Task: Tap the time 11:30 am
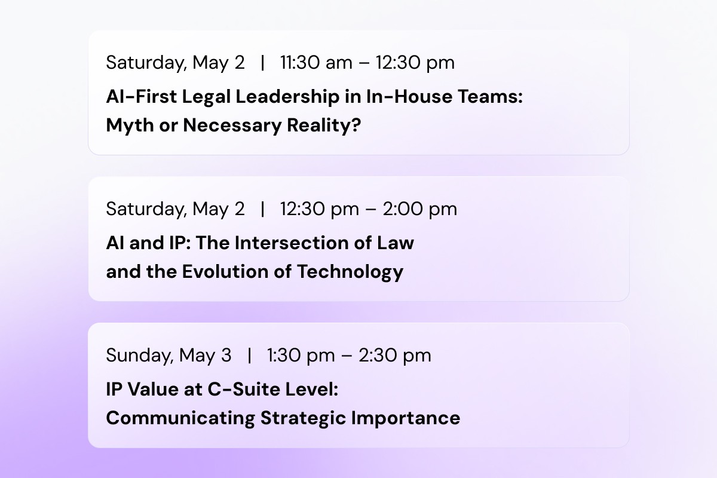coord(316,62)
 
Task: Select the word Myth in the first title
coord(130,125)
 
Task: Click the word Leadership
coord(287,97)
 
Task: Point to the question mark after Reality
coord(356,124)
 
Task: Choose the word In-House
coord(409,97)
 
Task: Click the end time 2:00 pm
coord(420,209)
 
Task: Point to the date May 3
coord(205,356)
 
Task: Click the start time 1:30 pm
coord(301,356)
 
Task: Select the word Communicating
coord(180,419)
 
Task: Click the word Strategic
coord(303,419)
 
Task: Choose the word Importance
coord(406,419)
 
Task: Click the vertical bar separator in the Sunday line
coord(249,356)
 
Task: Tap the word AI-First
coord(141,97)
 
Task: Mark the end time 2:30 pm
coord(395,356)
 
